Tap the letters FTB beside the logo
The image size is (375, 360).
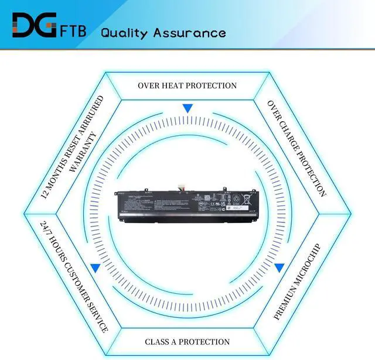[x=73, y=30]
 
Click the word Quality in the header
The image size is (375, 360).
[x=124, y=32]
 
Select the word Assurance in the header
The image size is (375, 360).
[x=189, y=32]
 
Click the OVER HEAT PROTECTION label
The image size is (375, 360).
[x=187, y=85]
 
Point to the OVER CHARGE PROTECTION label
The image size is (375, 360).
[x=296, y=148]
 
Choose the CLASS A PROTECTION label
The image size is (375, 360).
[x=187, y=342]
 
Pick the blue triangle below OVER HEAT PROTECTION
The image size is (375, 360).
[x=187, y=108]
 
